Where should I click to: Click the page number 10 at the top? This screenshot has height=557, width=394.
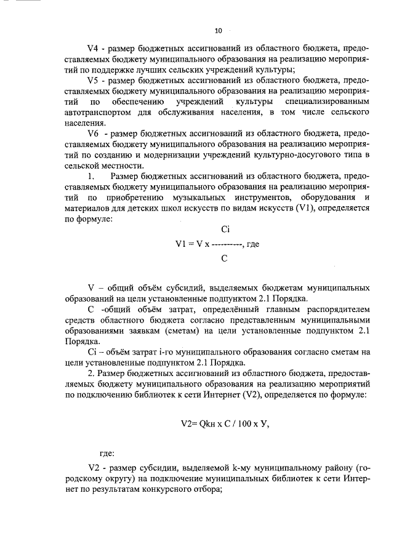point(217,30)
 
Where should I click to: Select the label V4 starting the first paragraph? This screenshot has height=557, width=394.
point(94,47)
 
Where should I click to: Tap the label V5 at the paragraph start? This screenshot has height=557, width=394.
point(94,81)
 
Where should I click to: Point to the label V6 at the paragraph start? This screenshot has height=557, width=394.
point(94,134)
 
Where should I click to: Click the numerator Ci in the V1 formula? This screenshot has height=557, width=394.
point(225,230)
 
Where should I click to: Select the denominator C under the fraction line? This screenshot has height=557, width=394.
point(225,258)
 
